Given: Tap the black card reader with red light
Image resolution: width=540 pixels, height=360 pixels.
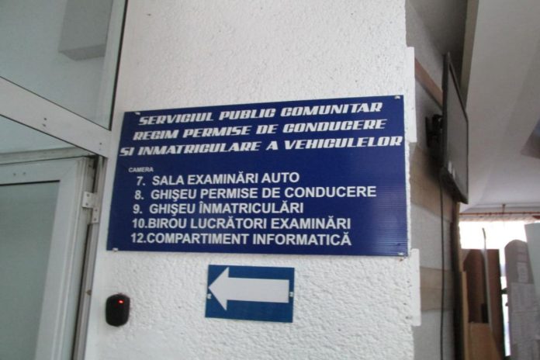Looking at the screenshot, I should coord(117,309).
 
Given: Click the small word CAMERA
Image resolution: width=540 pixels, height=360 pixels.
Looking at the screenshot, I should coord(141,168).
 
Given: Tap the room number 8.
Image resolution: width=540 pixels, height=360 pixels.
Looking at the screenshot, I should coord(140,193).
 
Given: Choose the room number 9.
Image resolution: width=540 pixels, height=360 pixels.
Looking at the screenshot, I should coord(139,209).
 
